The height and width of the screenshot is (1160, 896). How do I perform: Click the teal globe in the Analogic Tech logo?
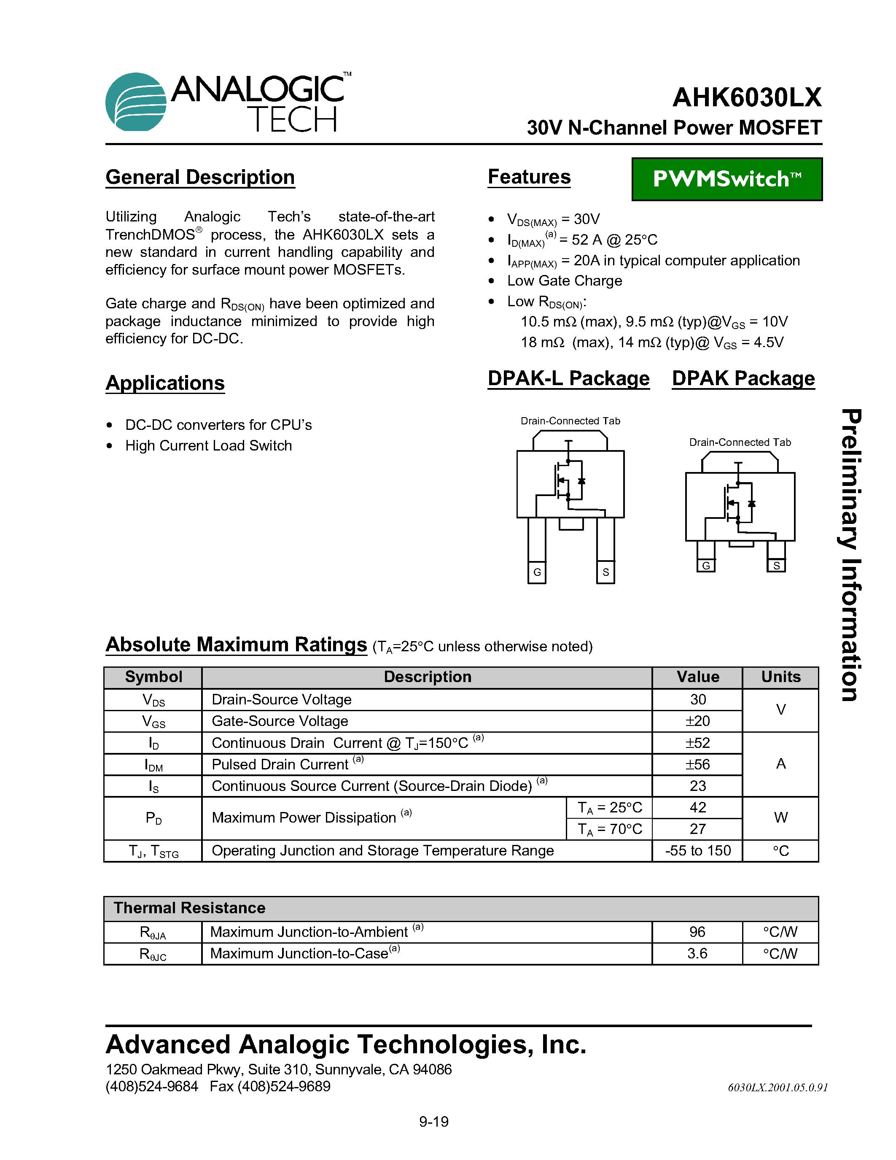pyautogui.click(x=135, y=102)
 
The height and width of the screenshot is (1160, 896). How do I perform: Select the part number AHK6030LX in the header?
pyautogui.click(x=747, y=98)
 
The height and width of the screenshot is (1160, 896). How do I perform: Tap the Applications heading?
pyautogui.click(x=165, y=383)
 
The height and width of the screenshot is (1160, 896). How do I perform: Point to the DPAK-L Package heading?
pyautogui.click(x=568, y=379)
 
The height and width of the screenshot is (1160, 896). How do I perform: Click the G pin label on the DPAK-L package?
pyautogui.click(x=537, y=572)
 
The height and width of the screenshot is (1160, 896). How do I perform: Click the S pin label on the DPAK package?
pyautogui.click(x=776, y=566)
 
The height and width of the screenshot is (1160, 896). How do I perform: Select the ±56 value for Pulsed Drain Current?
pyautogui.click(x=697, y=764)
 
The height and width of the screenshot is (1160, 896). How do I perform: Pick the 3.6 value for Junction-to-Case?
pyautogui.click(x=697, y=953)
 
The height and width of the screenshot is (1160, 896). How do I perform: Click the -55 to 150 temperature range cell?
pyautogui.click(x=697, y=850)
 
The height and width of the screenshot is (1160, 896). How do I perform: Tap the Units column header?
pyautogui.click(x=780, y=677)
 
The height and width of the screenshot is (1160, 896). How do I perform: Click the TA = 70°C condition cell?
pyautogui.click(x=609, y=829)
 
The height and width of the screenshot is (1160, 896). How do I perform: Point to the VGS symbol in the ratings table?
pyautogui.click(x=153, y=721)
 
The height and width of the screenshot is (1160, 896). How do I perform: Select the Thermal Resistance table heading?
pyautogui.click(x=189, y=908)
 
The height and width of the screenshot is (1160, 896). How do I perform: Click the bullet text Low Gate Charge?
pyautogui.click(x=564, y=281)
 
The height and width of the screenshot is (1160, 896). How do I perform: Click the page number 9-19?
pyautogui.click(x=434, y=1122)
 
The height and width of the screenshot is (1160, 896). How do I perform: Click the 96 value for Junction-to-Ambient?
pyautogui.click(x=697, y=932)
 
